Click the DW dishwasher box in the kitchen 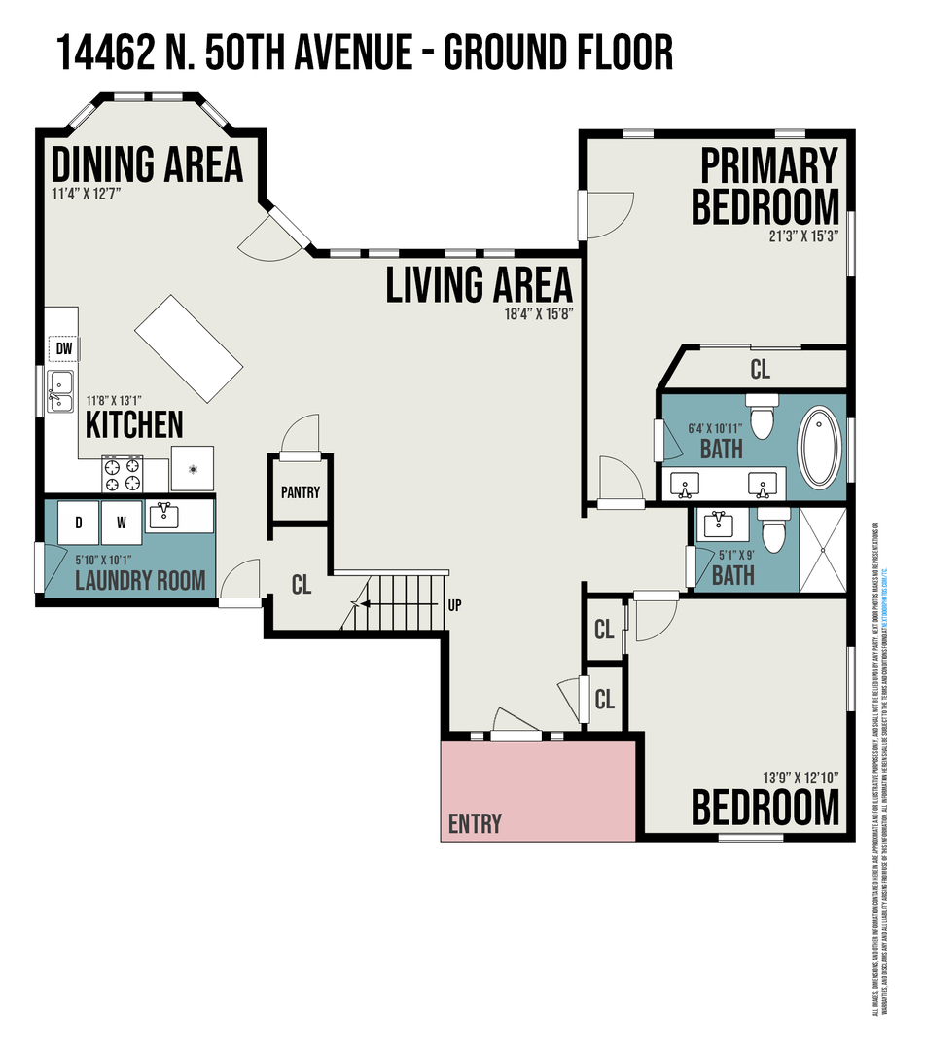click(x=63, y=348)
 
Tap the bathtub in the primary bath click(x=822, y=447)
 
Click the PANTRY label click(x=300, y=492)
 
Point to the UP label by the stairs click(x=453, y=605)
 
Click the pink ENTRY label click(x=475, y=824)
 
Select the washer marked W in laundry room click(x=121, y=522)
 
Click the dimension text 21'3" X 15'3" click(x=801, y=235)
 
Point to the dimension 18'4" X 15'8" click(x=536, y=312)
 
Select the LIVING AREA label click(x=480, y=284)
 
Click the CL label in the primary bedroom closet click(x=760, y=370)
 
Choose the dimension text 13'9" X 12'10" click(x=801, y=778)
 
